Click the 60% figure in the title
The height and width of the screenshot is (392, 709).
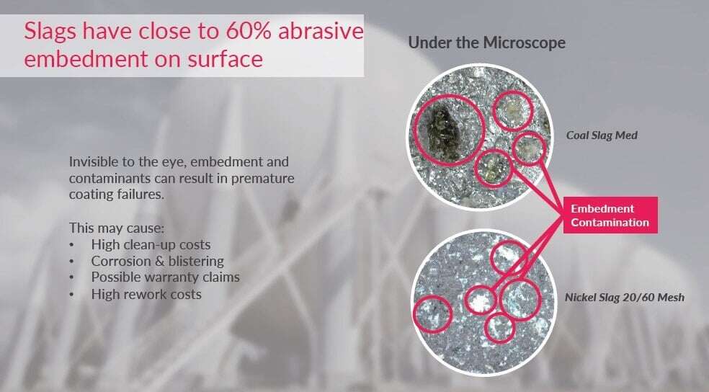click(249, 31)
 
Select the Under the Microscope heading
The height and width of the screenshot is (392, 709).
click(486, 43)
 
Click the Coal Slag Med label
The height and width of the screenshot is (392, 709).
click(602, 135)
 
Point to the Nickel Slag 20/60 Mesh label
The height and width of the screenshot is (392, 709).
click(625, 297)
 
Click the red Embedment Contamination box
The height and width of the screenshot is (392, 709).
click(610, 215)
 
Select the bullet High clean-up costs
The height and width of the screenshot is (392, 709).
click(151, 244)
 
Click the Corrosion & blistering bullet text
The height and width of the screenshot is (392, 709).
click(157, 261)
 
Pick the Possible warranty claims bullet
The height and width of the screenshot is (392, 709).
click(166, 277)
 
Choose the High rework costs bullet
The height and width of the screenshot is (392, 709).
click(146, 294)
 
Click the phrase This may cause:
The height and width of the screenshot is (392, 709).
click(117, 228)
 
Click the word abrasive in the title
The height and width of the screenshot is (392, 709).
click(321, 31)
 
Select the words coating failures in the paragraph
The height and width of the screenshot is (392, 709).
click(116, 195)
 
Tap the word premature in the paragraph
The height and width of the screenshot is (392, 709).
click(263, 178)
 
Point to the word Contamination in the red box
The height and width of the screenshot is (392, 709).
click(610, 223)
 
